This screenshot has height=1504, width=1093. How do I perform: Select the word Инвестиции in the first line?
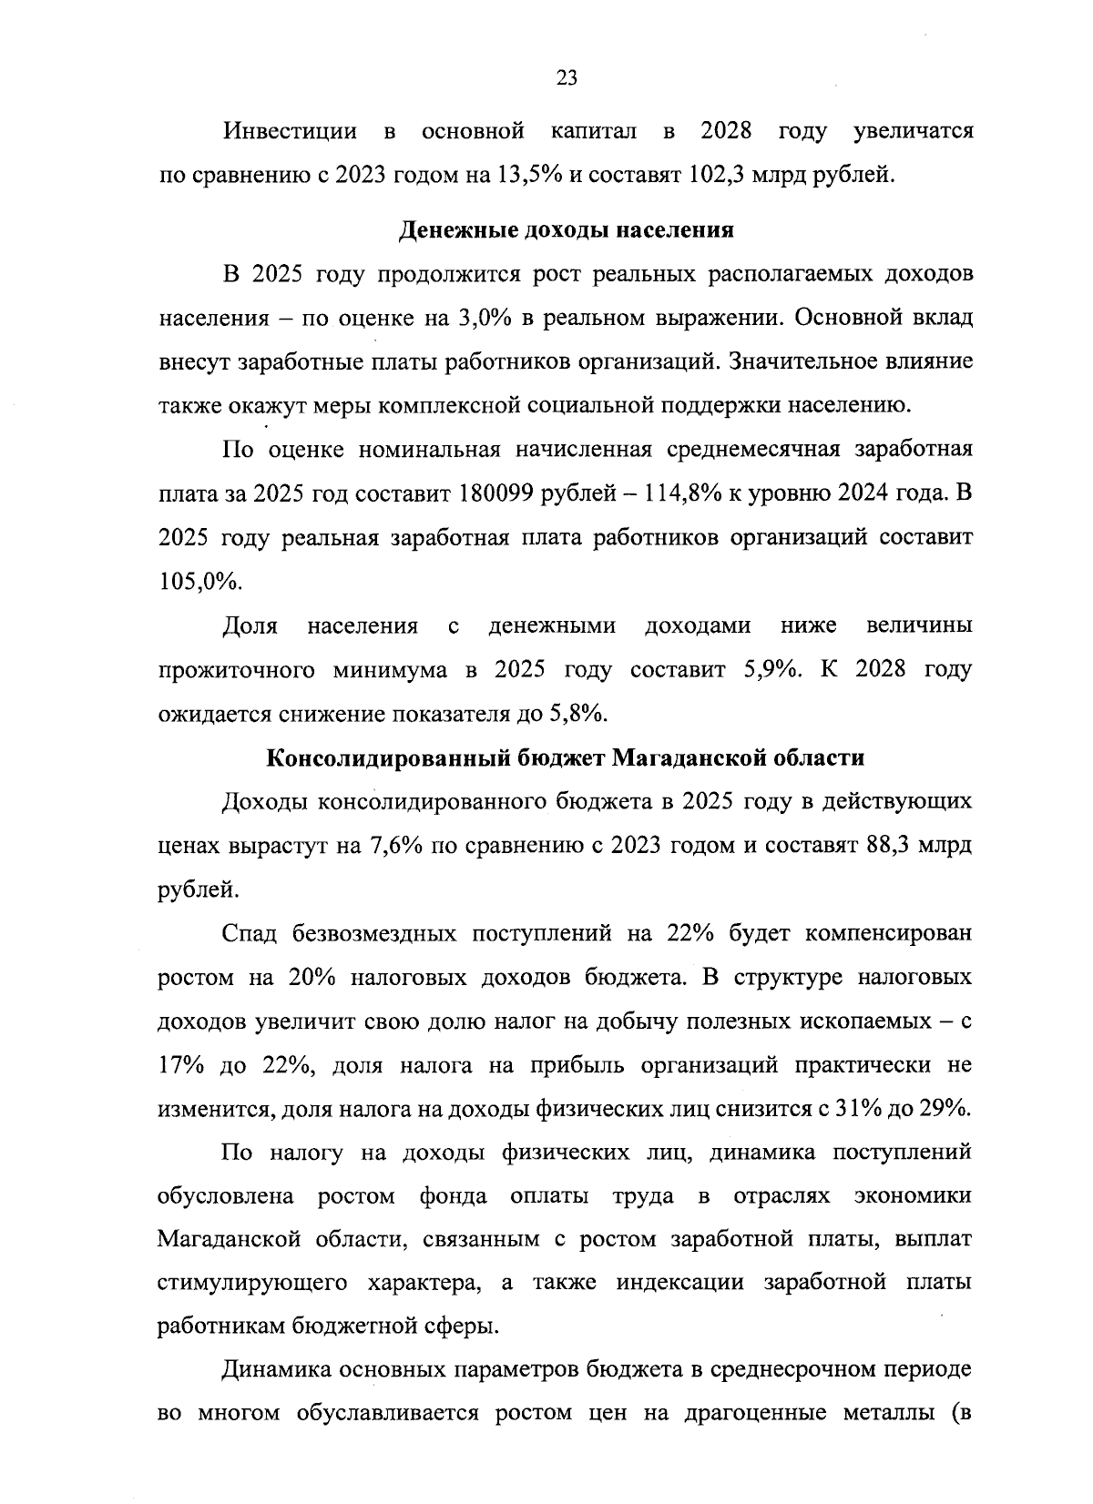coord(291,131)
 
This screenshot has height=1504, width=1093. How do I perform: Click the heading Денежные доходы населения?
coord(567,230)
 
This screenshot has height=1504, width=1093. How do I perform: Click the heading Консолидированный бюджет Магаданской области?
coord(566,758)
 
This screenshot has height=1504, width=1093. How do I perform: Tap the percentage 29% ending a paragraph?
coord(940,1109)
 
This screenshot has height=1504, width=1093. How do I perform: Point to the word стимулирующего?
coord(252,1283)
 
